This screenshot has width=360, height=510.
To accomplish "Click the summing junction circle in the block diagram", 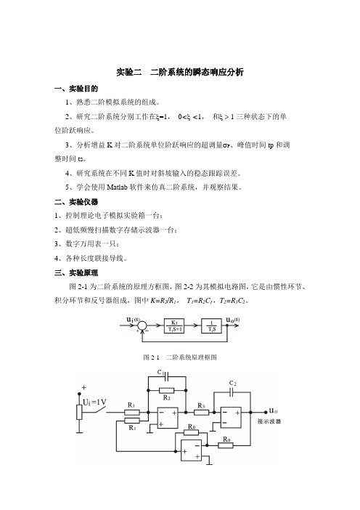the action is [x=142, y=325].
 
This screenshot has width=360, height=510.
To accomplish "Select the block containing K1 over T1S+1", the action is [x=174, y=326].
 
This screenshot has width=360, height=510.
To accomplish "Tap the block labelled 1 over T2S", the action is [x=211, y=326].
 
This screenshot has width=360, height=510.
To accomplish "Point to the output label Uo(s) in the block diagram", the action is [x=233, y=320].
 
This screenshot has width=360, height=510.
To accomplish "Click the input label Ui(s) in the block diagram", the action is [x=134, y=320].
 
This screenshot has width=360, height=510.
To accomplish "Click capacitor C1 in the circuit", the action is [x=167, y=376].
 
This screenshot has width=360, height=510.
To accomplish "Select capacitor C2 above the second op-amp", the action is [x=232, y=392].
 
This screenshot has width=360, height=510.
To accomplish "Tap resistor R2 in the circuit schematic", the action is [x=167, y=390].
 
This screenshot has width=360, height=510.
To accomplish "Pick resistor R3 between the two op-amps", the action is [x=202, y=413].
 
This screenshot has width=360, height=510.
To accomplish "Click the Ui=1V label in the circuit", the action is [x=94, y=402].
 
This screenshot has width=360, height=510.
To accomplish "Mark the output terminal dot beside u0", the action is [x=266, y=412].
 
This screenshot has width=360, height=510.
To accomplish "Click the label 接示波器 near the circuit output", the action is [x=269, y=421].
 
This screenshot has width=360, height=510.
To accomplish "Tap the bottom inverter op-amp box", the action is [x=191, y=450].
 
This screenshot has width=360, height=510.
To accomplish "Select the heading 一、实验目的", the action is [x=76, y=89].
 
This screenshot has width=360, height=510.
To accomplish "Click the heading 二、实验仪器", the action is [x=76, y=202].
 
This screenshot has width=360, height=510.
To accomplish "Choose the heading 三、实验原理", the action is [x=76, y=273].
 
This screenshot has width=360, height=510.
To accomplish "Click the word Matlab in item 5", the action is [x=117, y=187].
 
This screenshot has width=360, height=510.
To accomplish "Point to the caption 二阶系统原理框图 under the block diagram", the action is [x=192, y=357].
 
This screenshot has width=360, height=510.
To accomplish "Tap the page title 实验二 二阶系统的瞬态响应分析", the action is [x=180, y=72].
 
